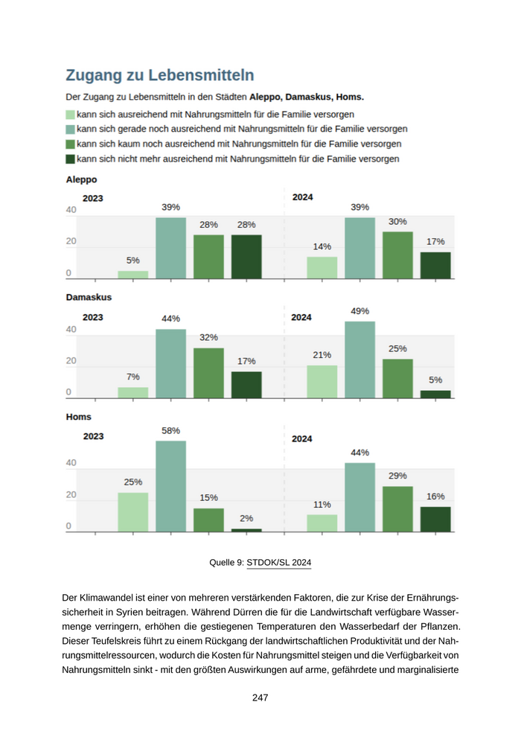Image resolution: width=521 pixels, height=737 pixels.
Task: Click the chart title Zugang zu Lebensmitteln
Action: click(160, 75)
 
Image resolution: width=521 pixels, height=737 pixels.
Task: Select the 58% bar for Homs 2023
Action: click(170, 485)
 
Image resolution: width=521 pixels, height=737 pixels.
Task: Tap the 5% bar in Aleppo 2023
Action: click(133, 274)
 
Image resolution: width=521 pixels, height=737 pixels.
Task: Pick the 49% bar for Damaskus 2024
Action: click(359, 360)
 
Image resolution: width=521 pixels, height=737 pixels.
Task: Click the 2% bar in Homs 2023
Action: click(246, 529)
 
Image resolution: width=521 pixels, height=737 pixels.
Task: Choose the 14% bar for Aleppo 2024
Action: click(322, 267)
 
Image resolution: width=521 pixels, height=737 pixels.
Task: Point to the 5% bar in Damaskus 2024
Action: click(435, 394)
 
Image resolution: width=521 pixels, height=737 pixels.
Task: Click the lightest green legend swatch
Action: click(70, 115)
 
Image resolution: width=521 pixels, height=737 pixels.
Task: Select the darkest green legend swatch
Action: click(70, 159)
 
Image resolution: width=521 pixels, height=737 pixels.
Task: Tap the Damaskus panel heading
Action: click(89, 297)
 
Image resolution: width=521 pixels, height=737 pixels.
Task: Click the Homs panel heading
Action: click(79, 417)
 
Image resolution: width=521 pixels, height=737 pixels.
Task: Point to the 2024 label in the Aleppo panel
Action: click(302, 197)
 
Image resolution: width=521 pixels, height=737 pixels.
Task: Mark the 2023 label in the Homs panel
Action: click(93, 437)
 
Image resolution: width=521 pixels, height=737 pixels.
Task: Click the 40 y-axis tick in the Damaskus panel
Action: click(71, 330)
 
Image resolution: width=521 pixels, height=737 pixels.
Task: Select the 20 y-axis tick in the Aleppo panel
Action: click(71, 241)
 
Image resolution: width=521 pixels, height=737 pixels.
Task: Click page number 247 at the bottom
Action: click(260, 698)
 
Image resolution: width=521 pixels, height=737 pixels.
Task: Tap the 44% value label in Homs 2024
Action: click(360, 453)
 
